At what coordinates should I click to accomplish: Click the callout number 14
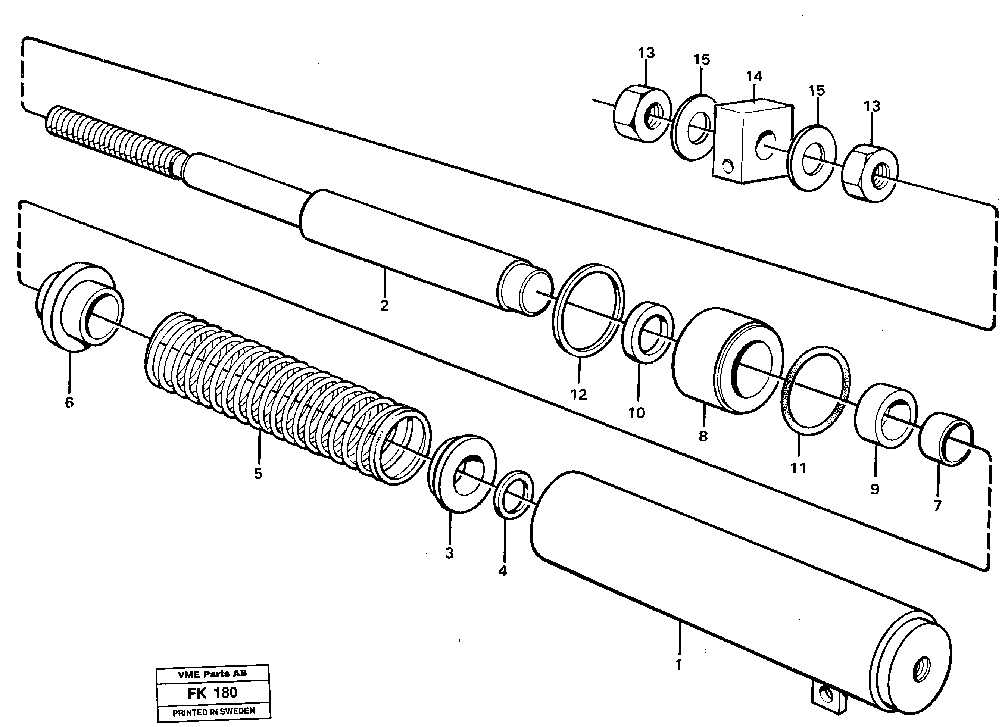(x=754, y=77)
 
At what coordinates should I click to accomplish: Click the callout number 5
(x=258, y=474)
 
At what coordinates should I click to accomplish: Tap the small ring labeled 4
(x=514, y=494)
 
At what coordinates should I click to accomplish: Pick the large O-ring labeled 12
(x=589, y=310)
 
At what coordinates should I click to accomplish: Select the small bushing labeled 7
(x=946, y=439)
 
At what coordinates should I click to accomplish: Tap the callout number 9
(x=874, y=489)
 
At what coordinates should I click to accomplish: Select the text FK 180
(x=212, y=692)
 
